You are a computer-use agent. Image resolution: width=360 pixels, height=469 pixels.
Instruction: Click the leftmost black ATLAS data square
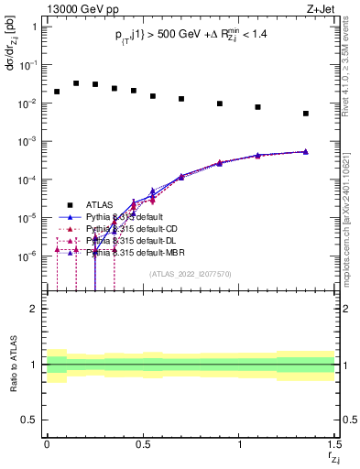pyautogui.click(x=57, y=92)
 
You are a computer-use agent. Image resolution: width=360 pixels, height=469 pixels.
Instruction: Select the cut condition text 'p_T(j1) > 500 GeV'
pyautogui.click(x=147, y=34)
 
